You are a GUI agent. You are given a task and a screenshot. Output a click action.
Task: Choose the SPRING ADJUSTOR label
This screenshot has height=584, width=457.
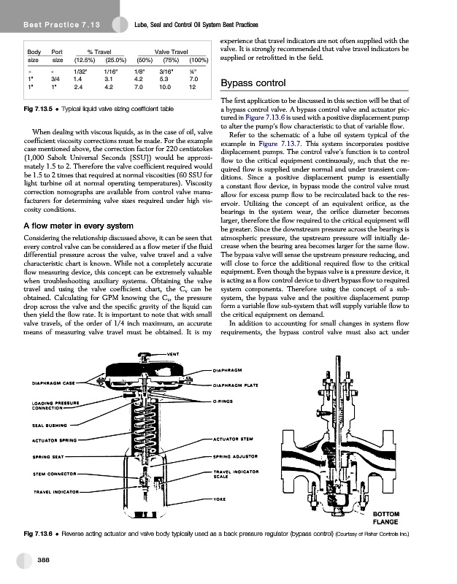[x=238, y=456]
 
